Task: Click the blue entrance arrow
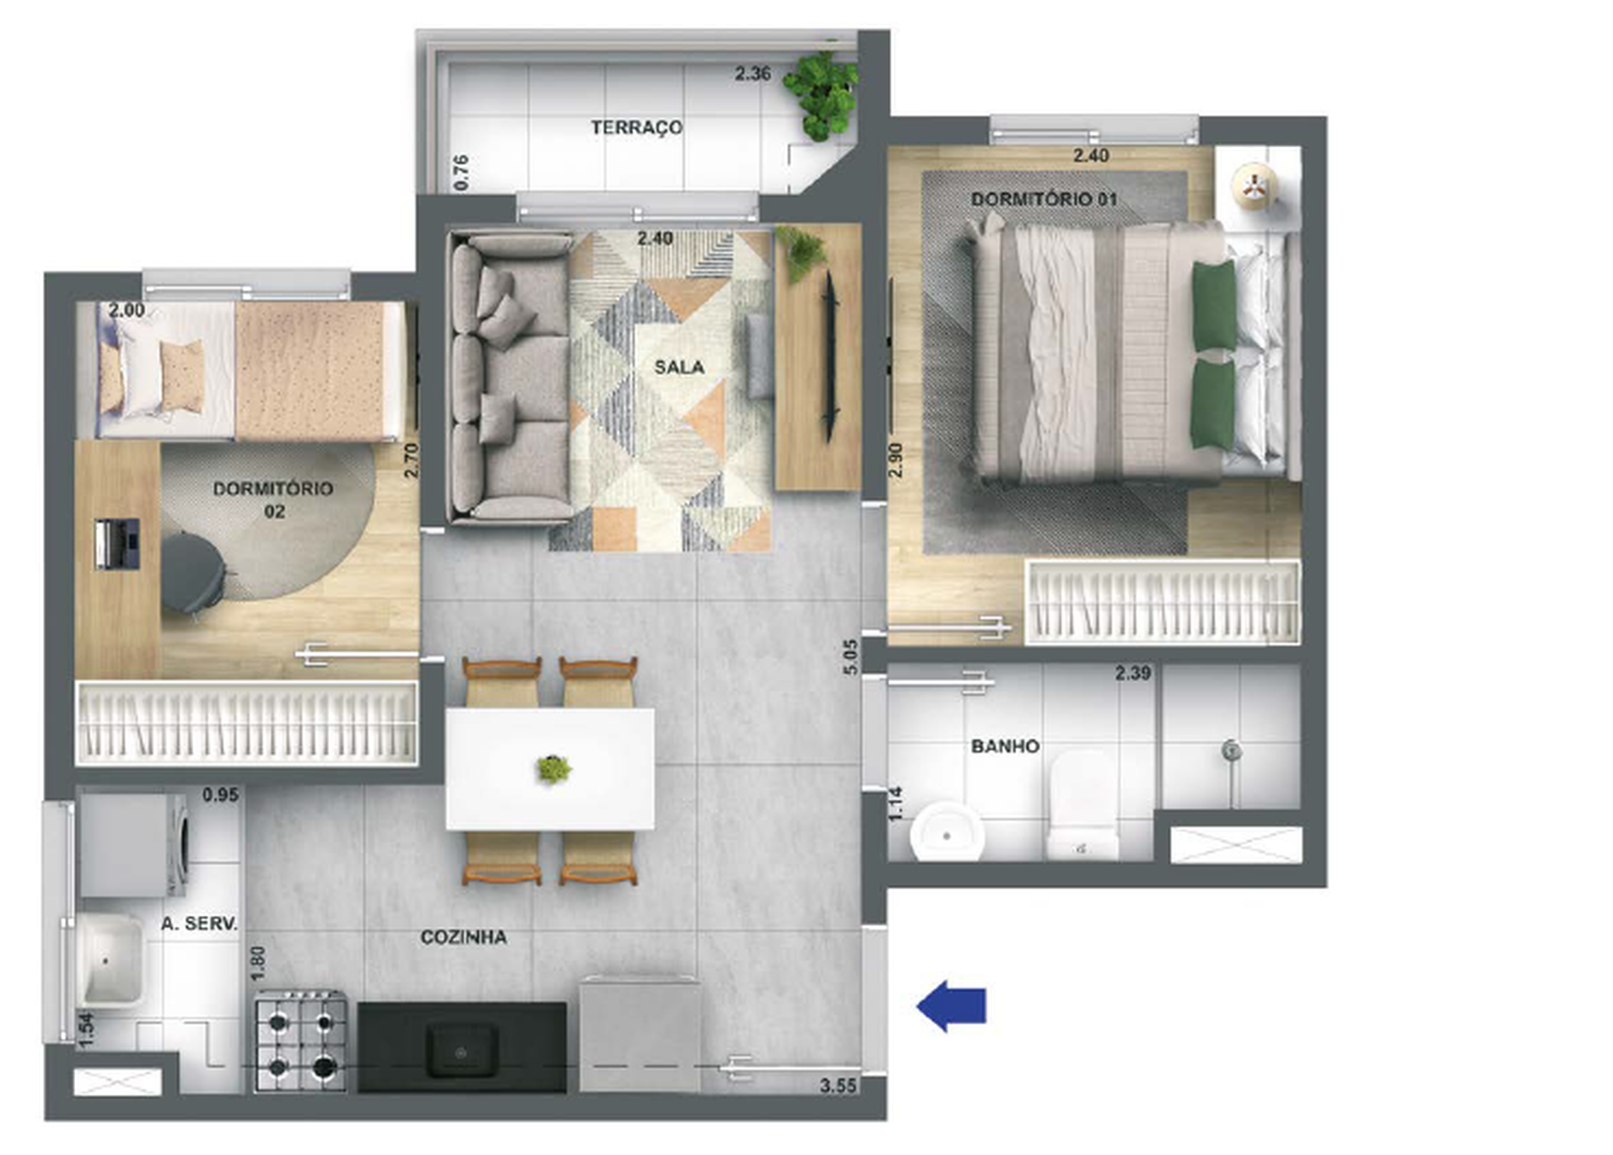click(951, 1006)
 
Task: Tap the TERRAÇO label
click(636, 127)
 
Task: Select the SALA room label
click(679, 368)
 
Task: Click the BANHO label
click(1005, 746)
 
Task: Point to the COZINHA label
click(463, 937)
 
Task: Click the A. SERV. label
click(199, 924)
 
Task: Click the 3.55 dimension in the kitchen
click(838, 1086)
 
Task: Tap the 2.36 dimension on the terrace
click(753, 74)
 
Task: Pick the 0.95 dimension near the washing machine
click(221, 794)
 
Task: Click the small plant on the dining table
click(553, 769)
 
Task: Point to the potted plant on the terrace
click(820, 94)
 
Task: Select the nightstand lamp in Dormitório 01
click(1255, 185)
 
